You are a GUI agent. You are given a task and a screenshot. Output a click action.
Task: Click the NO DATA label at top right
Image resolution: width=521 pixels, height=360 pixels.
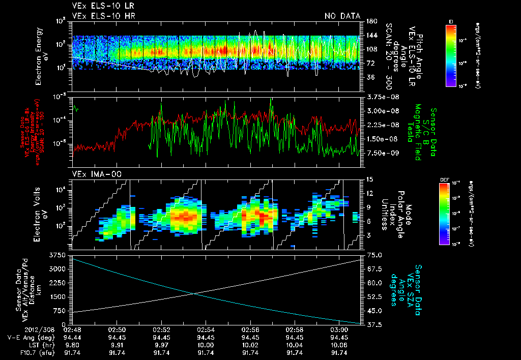(343, 16)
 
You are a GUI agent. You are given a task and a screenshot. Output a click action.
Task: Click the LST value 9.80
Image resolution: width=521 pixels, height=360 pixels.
(73, 345)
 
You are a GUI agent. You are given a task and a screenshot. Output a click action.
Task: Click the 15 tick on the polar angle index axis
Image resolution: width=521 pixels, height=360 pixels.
(369, 179)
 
